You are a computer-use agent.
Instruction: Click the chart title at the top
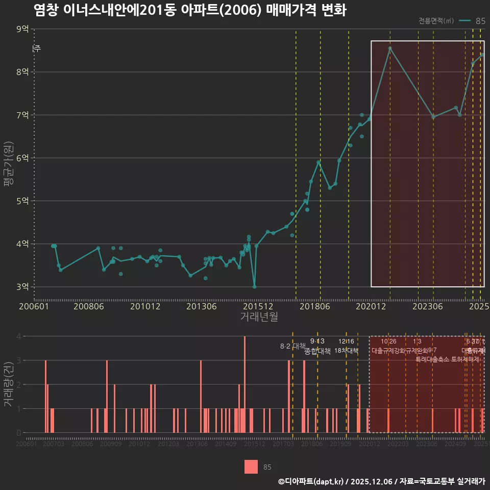[190, 10]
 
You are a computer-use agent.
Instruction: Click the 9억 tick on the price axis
[22, 29]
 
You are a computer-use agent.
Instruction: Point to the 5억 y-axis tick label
[22, 201]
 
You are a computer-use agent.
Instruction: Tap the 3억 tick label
[22, 286]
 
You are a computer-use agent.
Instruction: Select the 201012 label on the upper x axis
[145, 307]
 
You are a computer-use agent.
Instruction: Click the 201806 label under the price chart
[314, 307]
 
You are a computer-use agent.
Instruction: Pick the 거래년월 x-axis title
[259, 317]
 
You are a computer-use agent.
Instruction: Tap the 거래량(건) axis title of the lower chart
[8, 384]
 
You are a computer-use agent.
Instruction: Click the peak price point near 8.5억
[390, 48]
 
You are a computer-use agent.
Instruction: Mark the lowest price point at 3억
[255, 286]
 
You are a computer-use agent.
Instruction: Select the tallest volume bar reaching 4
[245, 384]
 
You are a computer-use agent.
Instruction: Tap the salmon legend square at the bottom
[251, 467]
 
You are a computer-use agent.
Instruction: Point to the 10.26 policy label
[388, 341]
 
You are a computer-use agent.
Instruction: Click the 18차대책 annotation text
[346, 351]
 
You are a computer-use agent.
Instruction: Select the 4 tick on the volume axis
[19, 336]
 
